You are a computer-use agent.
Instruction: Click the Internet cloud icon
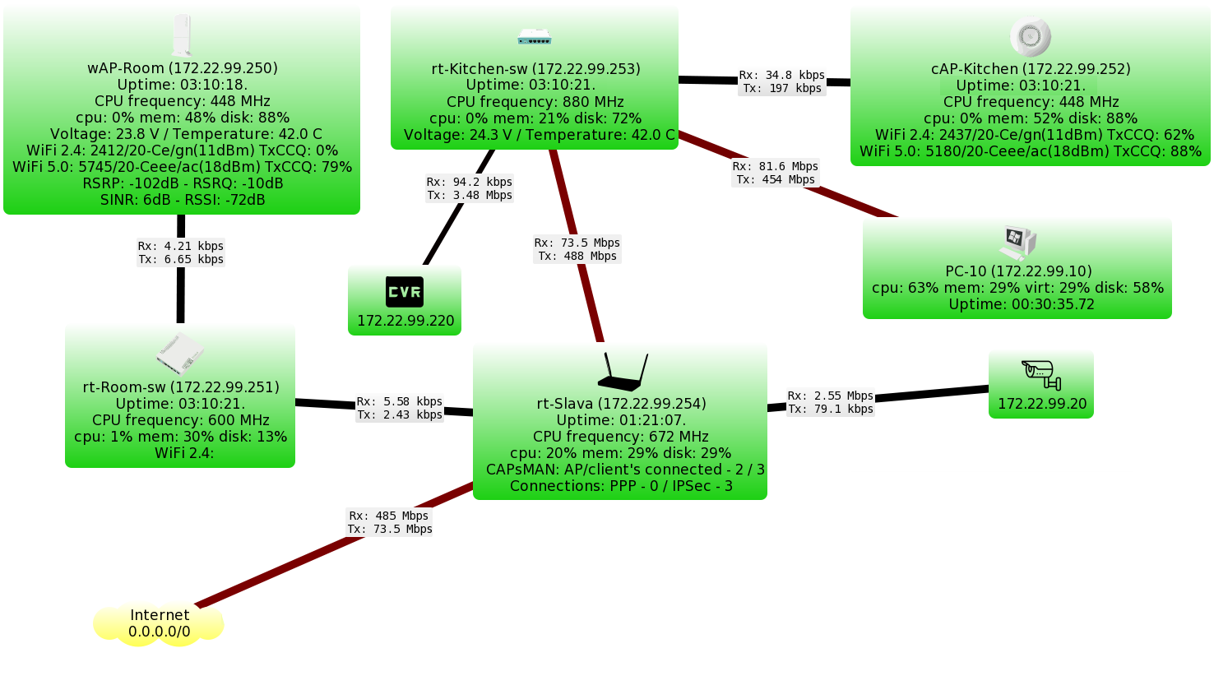pos(159,624)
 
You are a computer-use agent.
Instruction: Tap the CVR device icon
pos(405,292)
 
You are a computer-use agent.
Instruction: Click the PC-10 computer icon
pos(1017,243)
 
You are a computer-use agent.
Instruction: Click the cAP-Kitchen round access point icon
pos(1030,36)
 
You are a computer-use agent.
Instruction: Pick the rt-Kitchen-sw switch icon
pos(535,37)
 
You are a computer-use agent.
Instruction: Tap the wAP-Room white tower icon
pos(182,35)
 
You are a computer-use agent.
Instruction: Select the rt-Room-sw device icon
pos(180,354)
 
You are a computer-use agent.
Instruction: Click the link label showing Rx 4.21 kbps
pos(181,252)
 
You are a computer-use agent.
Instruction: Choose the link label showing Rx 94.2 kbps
pos(470,188)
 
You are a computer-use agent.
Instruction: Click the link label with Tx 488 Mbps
pos(577,249)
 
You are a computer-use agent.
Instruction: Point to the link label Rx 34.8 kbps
pos(782,81)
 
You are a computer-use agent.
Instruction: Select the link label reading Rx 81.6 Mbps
pos(776,173)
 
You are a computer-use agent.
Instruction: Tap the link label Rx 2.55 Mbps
pos(831,402)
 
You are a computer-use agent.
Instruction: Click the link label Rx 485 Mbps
pos(390,522)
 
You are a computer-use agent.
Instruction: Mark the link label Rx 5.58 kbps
pos(400,408)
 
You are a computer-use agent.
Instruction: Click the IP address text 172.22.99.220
pos(405,321)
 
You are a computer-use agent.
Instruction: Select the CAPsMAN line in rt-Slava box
pos(625,470)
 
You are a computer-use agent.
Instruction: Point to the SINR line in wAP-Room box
pos(183,200)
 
